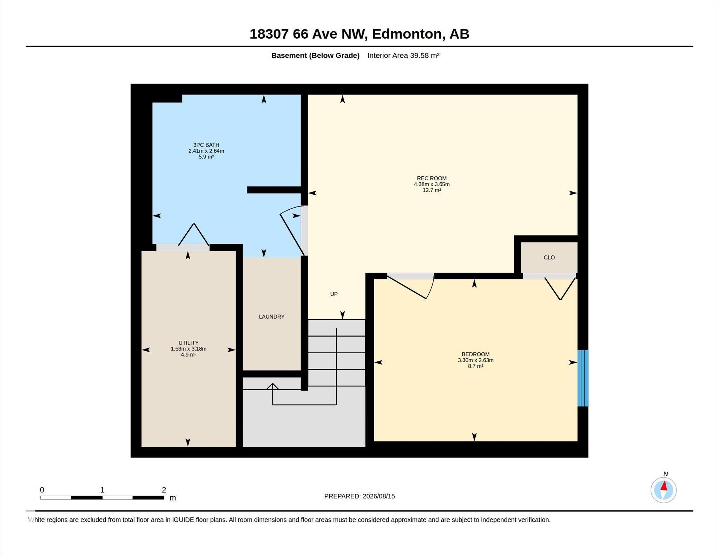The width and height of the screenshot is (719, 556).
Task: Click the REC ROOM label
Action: tap(431, 178)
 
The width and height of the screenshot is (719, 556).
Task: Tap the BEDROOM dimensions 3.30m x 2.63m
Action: tap(475, 360)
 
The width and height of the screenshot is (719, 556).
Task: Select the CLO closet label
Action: tap(549, 257)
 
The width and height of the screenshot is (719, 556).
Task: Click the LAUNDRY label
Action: tap(271, 316)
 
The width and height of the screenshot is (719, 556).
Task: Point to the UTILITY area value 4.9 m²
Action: tap(189, 355)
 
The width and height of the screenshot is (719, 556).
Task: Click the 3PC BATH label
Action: tap(206, 145)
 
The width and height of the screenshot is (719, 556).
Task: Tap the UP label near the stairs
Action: tap(334, 294)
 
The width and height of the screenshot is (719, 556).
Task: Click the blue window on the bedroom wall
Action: tap(583, 378)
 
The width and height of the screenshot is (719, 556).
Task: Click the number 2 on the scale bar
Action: tap(164, 490)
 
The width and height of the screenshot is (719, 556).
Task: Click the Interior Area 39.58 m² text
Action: tap(403, 55)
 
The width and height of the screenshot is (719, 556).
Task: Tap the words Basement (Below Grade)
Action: tap(315, 55)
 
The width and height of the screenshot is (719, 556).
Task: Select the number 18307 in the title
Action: tap(269, 34)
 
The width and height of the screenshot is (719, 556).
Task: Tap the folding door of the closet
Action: tap(560, 288)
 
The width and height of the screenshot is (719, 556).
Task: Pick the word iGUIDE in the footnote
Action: tap(183, 520)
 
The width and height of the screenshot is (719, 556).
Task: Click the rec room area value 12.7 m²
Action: tap(431, 190)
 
